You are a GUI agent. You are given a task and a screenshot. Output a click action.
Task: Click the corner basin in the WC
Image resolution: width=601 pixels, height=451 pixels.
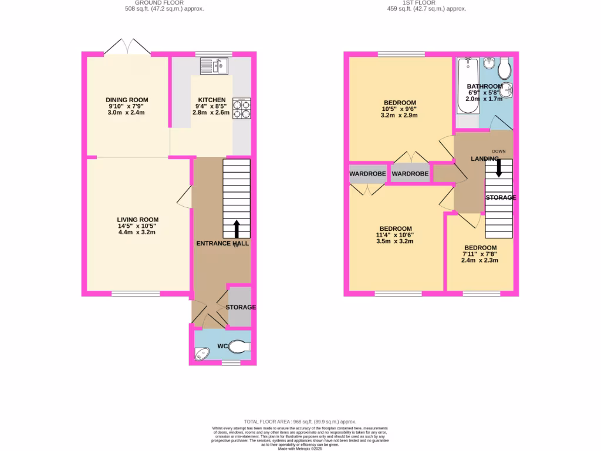pyautogui.click(x=201, y=354)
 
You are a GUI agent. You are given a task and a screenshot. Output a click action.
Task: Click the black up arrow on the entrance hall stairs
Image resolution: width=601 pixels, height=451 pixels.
pyautogui.click(x=237, y=228)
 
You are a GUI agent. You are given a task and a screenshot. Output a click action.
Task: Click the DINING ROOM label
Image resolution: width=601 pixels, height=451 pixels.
pyautogui.click(x=127, y=100)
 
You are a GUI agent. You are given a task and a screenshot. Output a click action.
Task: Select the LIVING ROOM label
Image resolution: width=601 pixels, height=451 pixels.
pyautogui.click(x=137, y=219)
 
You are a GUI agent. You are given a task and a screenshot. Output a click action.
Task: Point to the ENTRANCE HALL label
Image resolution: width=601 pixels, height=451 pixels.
pyautogui.click(x=222, y=243)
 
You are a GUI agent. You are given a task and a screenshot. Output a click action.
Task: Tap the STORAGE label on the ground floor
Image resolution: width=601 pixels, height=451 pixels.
pyautogui.click(x=241, y=307)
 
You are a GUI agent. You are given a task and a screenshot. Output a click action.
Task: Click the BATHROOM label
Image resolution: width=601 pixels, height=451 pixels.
pyautogui.click(x=485, y=86)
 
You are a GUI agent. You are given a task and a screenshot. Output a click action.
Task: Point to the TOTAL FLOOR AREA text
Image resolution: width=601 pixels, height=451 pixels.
pyautogui.click(x=300, y=422)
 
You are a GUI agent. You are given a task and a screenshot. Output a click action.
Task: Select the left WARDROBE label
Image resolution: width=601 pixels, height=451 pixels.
pyautogui.click(x=367, y=174)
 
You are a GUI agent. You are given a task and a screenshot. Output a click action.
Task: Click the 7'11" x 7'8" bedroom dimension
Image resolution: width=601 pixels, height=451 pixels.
pyautogui.click(x=480, y=254)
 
